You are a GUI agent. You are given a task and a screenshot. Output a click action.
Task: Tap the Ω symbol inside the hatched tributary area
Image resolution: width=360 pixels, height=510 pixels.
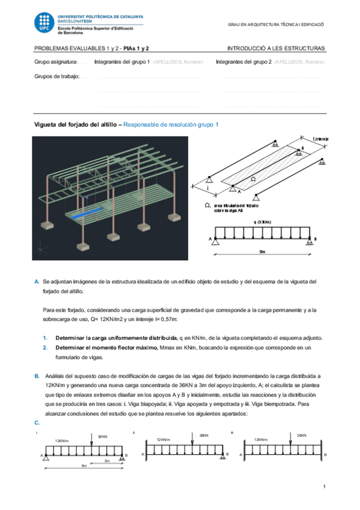[x=252, y=179]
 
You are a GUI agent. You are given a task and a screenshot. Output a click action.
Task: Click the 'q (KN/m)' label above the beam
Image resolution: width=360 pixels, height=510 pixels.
[x=263, y=222]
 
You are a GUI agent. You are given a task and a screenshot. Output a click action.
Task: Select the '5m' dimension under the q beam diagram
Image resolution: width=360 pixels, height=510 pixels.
[x=263, y=252]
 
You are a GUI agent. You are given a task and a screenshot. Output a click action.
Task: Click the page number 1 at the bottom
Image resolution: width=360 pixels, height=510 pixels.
[x=323, y=486]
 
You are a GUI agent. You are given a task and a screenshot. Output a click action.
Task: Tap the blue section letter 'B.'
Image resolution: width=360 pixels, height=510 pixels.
[x=37, y=375]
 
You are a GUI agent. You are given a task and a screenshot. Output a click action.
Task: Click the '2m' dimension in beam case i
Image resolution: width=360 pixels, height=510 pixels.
[x=106, y=460]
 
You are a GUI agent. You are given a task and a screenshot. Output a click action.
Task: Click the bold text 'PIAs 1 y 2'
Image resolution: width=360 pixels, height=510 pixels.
[x=137, y=48]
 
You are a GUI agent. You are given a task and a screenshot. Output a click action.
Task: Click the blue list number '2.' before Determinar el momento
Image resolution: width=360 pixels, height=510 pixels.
[x=46, y=348]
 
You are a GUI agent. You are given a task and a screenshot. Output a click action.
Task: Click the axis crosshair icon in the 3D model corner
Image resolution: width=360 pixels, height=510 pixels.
[x=41, y=247]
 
